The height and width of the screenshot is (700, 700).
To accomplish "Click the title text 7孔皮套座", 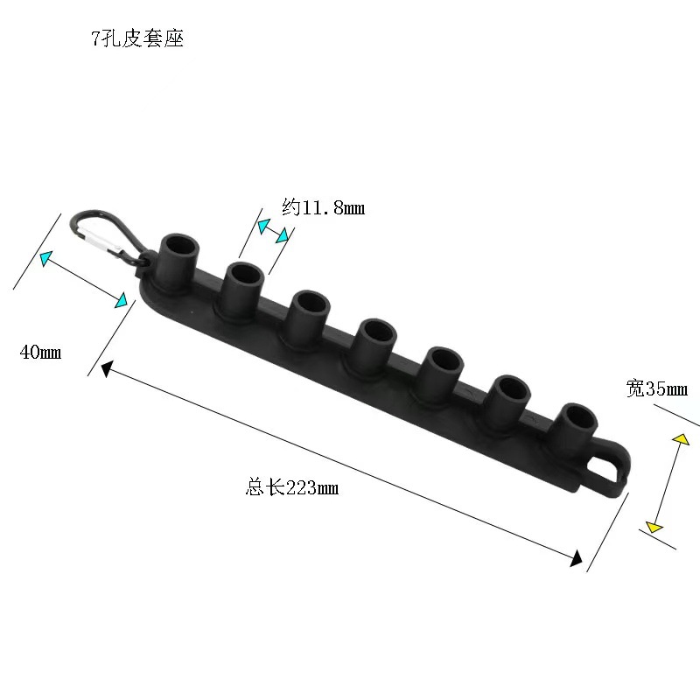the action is pos(137,39).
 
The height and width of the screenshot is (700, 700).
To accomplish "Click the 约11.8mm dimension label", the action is pos(323,207).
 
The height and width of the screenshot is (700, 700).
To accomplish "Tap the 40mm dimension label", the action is pos(40,353).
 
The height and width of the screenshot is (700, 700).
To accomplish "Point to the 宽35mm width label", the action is pos(657,388).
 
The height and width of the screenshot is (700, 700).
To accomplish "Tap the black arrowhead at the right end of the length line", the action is pos(577,558).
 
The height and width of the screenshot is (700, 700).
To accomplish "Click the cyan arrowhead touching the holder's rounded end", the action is pos(123,300).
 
